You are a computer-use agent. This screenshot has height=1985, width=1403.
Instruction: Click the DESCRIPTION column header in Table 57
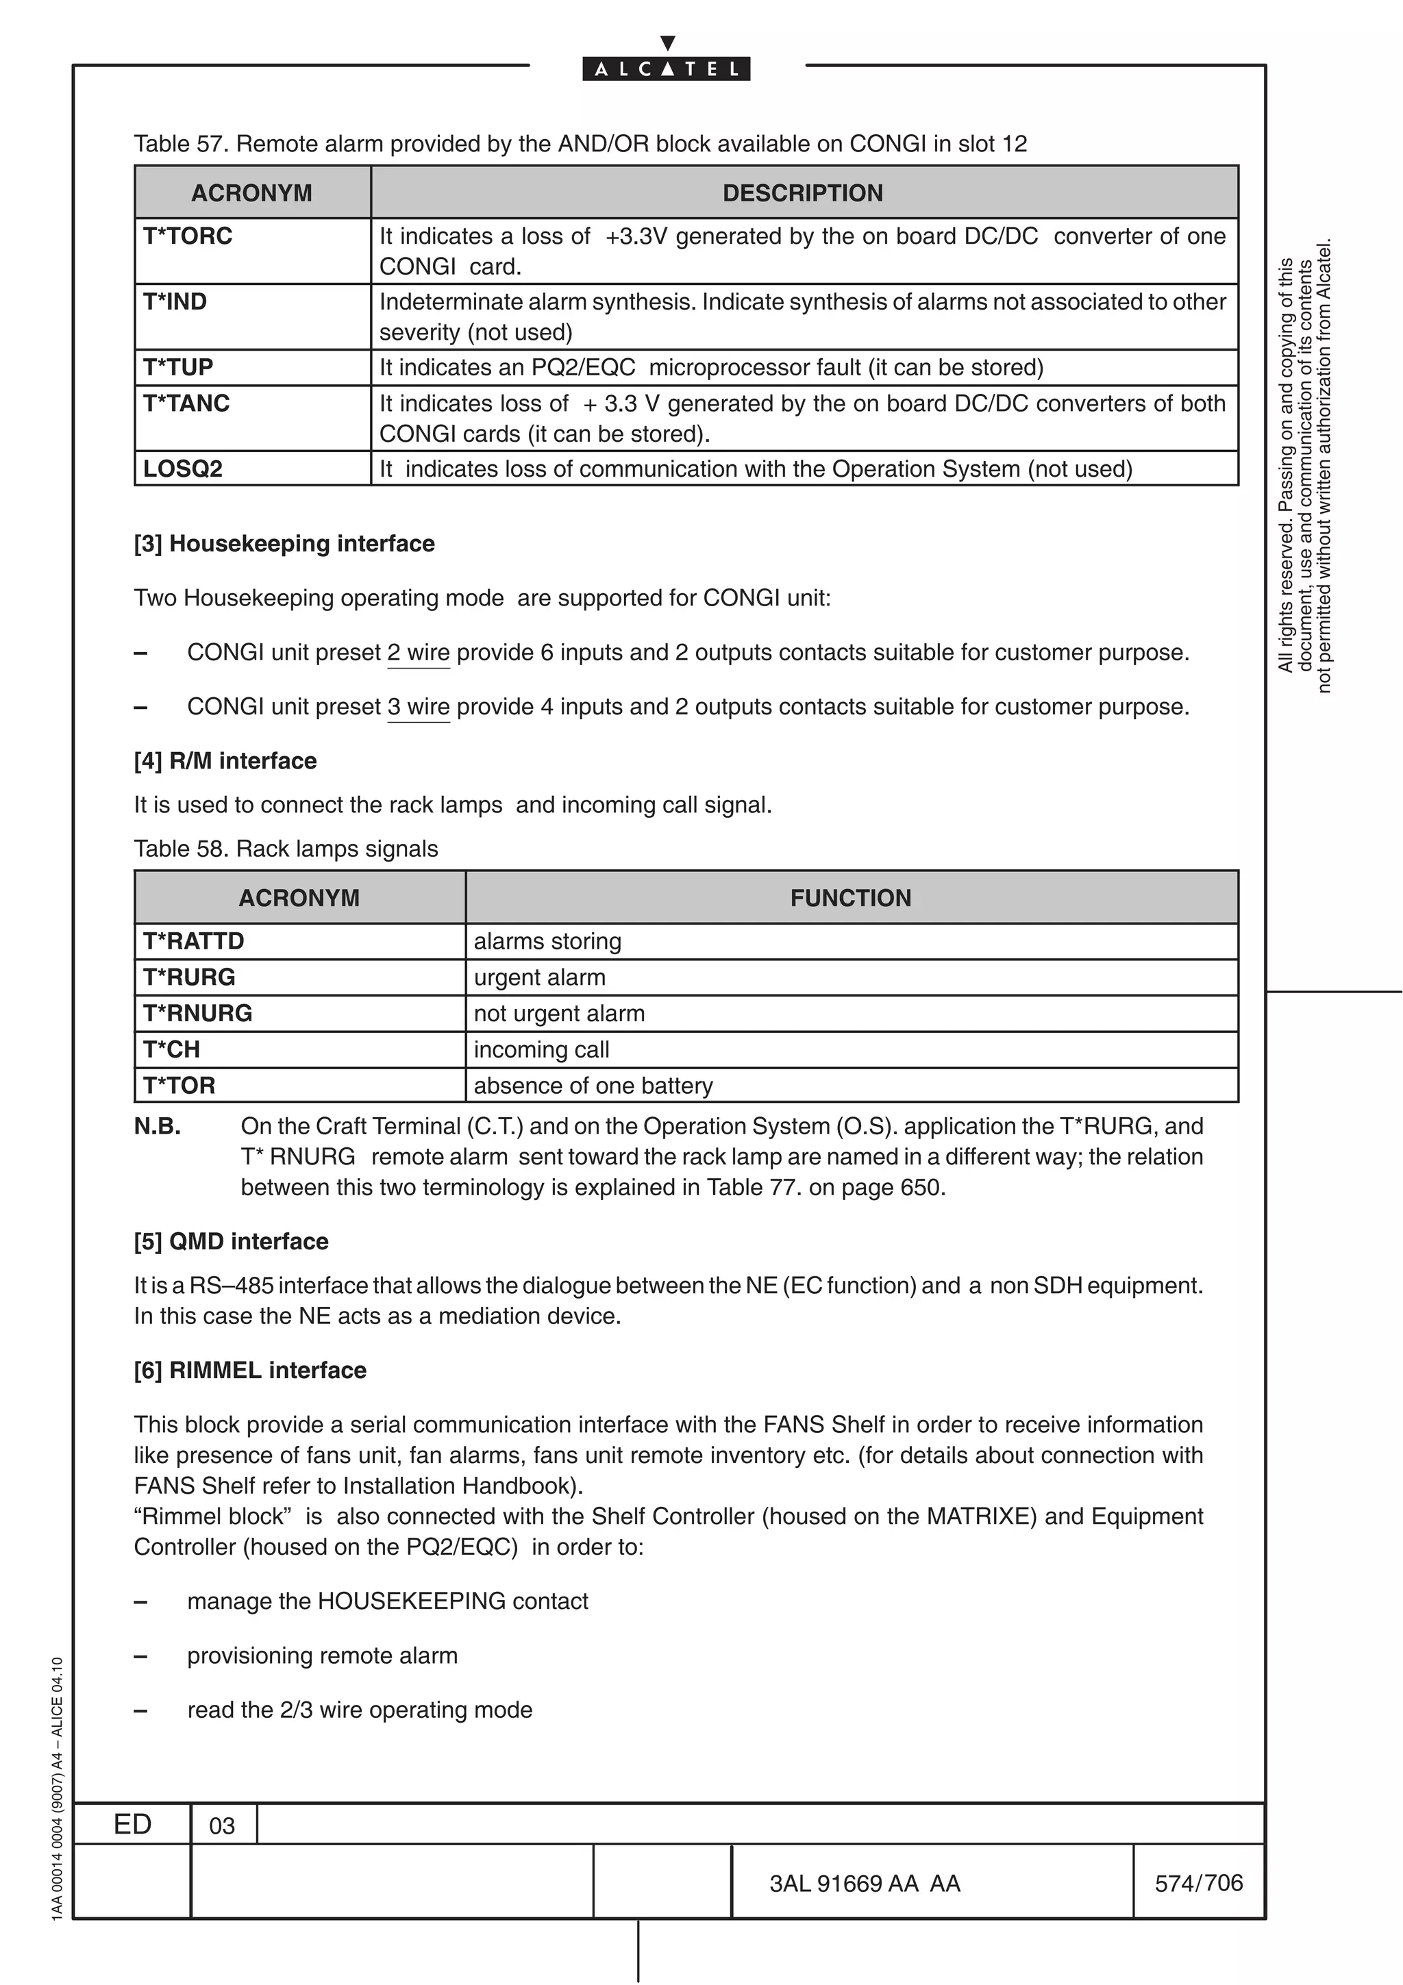coord(802,192)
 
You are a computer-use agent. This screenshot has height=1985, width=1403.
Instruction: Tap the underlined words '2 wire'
coord(419,653)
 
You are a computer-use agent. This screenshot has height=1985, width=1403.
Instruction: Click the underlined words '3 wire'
coord(419,707)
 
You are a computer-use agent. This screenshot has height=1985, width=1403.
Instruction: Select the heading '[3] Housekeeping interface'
coord(284,544)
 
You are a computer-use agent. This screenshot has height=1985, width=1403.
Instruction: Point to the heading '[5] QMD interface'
coord(231,1242)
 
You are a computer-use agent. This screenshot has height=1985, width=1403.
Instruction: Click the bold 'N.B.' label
coord(158,1127)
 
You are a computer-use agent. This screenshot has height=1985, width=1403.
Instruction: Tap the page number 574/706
coord(1198,1883)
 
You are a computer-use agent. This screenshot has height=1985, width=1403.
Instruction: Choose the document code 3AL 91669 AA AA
coord(865,1884)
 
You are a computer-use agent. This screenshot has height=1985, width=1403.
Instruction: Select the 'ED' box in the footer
coord(132,1824)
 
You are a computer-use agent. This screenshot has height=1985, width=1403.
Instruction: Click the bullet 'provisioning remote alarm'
coord(323,1656)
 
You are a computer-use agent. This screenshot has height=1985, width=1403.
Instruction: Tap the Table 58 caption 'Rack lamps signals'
coord(286,849)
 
